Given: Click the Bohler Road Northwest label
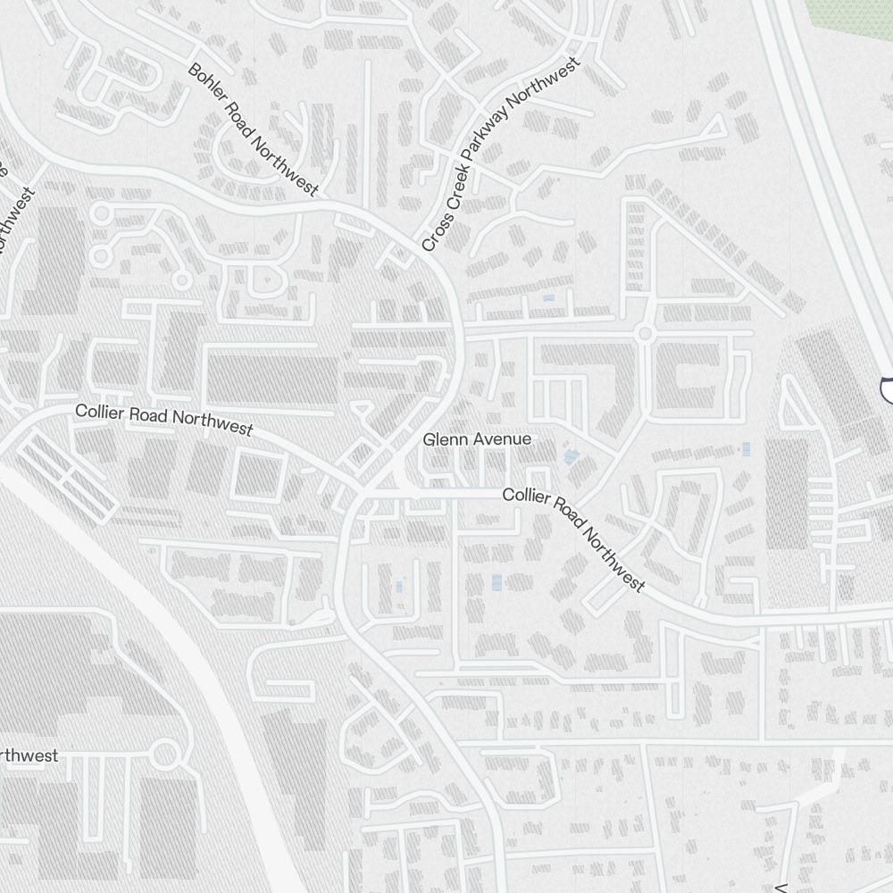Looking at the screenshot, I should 253,129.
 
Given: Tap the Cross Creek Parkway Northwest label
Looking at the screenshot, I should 500,154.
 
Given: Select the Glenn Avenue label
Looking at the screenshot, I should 477,439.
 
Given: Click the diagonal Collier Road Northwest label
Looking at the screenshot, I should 573,539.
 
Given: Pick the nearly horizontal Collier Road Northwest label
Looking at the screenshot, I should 164,420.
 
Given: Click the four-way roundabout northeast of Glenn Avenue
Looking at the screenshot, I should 644,334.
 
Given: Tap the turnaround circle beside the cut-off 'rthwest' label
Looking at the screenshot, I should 164,755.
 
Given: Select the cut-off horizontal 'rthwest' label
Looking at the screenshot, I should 29,755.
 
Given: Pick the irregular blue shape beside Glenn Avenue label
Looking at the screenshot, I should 570,457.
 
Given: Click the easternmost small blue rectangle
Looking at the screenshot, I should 747,449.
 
